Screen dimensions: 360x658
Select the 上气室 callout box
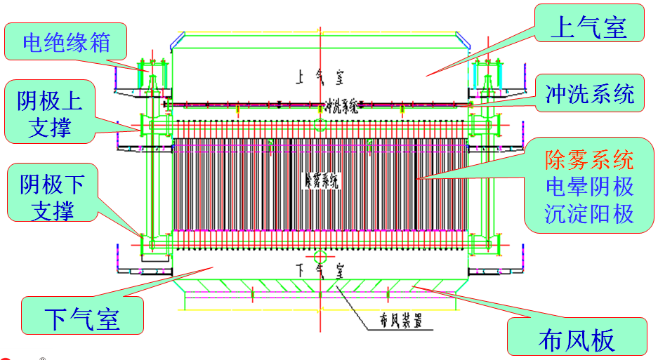(x=588, y=29)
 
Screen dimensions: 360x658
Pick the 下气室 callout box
(x=83, y=317)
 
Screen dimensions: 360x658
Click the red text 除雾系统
(x=589, y=160)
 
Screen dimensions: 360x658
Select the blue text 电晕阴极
(x=589, y=186)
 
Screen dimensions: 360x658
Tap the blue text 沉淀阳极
(x=589, y=213)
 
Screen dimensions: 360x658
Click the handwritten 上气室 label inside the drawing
(x=320, y=74)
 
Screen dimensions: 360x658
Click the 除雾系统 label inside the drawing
(x=321, y=181)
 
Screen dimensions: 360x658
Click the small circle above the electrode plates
(x=320, y=126)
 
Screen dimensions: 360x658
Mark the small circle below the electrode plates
(x=320, y=254)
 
